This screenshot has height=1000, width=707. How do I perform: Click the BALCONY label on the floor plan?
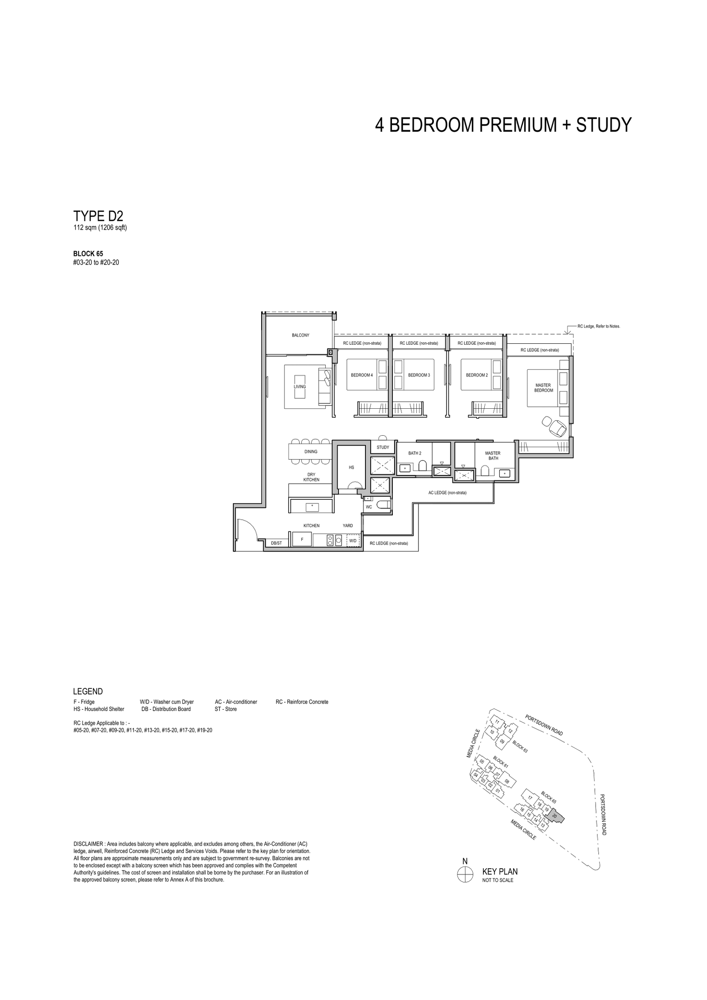pyautogui.click(x=300, y=335)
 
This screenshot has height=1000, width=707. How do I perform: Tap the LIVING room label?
pyautogui.click(x=300, y=387)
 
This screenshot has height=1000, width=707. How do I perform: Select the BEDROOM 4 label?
pyautogui.click(x=362, y=375)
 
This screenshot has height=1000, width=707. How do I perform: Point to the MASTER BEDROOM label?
pyautogui.click(x=544, y=388)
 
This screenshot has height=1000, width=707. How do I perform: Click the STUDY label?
pyautogui.click(x=383, y=448)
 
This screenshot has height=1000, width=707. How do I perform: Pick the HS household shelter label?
pyautogui.click(x=352, y=467)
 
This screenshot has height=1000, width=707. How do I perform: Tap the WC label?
pyautogui.click(x=369, y=507)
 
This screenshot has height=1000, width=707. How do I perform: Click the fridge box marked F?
pyautogui.click(x=302, y=540)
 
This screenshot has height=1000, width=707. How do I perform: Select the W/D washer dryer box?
pyautogui.click(x=353, y=540)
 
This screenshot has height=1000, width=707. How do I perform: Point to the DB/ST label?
pyautogui.click(x=277, y=543)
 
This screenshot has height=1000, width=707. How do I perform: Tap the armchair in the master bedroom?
pyautogui.click(x=555, y=426)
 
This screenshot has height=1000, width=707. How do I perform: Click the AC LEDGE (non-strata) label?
pyautogui.click(x=447, y=493)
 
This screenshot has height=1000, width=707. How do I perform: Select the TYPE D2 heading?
pyautogui.click(x=98, y=216)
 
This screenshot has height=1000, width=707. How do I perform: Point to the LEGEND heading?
pyautogui.click(x=88, y=692)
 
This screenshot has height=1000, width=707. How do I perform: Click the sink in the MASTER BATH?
pyautogui.click(x=504, y=473)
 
